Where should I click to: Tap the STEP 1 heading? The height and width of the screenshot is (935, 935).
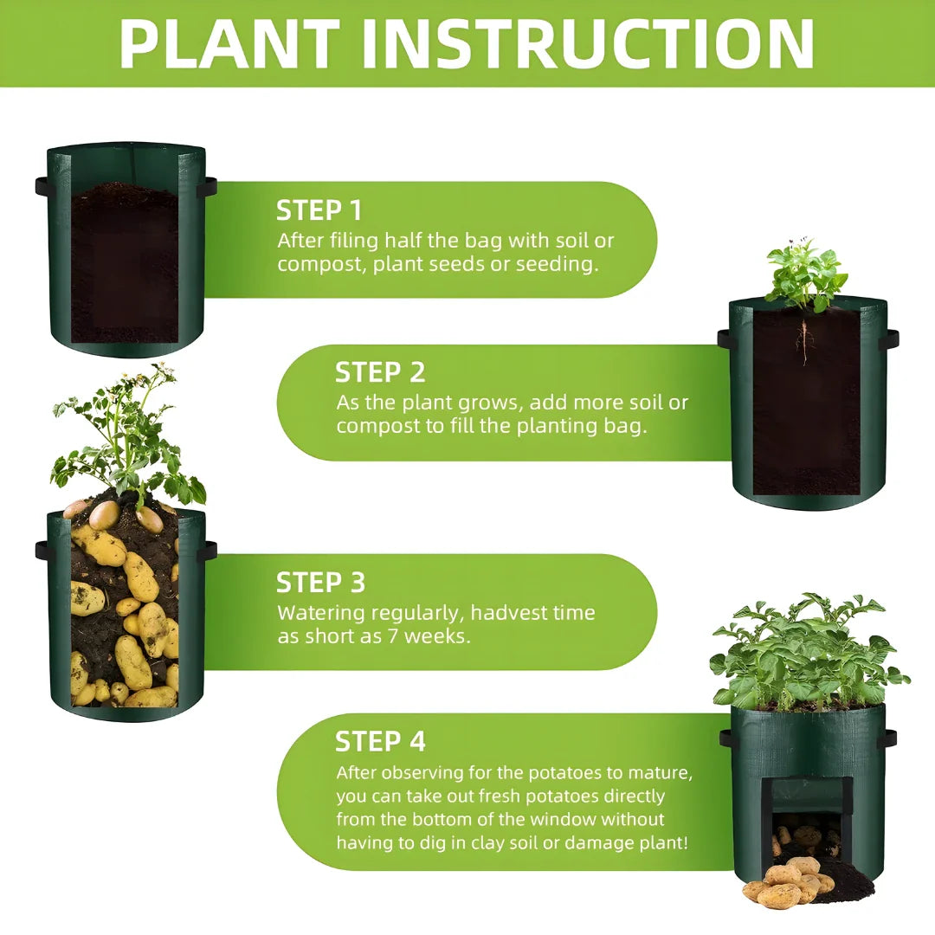click(x=319, y=210)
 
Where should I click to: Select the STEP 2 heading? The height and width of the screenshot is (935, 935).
click(x=380, y=372)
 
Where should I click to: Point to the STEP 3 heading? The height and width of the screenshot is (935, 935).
click(x=320, y=582)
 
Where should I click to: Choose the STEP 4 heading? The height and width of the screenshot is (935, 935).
click(x=380, y=742)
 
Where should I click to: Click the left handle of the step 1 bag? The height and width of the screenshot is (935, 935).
click(x=42, y=186)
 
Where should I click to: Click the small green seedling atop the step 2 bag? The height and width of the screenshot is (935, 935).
click(x=805, y=275)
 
